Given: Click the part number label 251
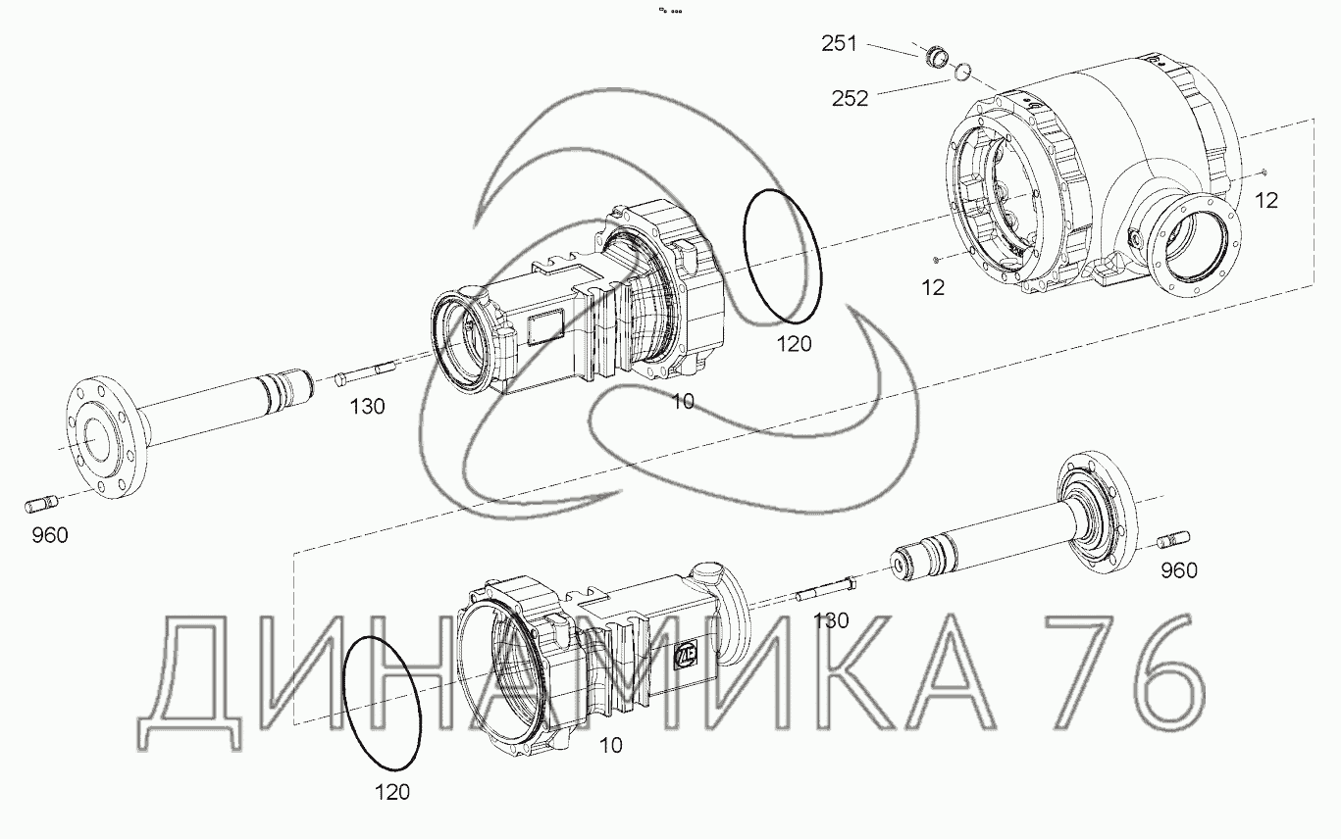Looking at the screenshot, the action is click(839, 44).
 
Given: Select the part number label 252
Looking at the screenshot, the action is click(850, 98).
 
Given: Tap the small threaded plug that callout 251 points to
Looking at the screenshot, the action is click(938, 56).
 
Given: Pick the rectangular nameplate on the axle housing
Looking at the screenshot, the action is click(544, 328).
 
